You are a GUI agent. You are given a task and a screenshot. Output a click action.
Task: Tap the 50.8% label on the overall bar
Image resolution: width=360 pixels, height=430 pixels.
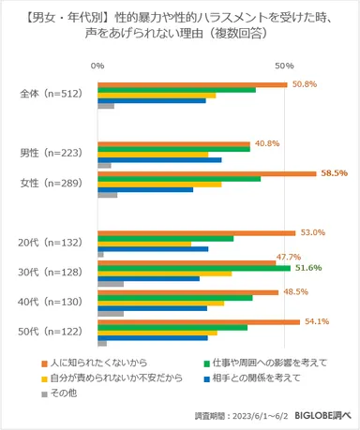(x=305, y=84)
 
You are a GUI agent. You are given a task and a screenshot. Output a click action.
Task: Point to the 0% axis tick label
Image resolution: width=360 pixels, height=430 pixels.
(x=97, y=66)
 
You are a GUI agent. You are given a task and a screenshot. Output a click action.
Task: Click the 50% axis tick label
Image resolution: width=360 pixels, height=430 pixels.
(x=284, y=66)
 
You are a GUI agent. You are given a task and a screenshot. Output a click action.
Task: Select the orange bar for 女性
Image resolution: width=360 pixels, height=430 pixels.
(x=206, y=173)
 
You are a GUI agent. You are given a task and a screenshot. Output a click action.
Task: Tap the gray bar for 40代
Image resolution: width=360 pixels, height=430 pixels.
(x=110, y=314)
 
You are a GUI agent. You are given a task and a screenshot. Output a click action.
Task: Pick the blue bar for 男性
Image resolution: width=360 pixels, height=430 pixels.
(x=159, y=160)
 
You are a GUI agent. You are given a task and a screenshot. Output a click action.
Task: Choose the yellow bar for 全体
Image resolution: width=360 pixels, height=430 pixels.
(x=157, y=96)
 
